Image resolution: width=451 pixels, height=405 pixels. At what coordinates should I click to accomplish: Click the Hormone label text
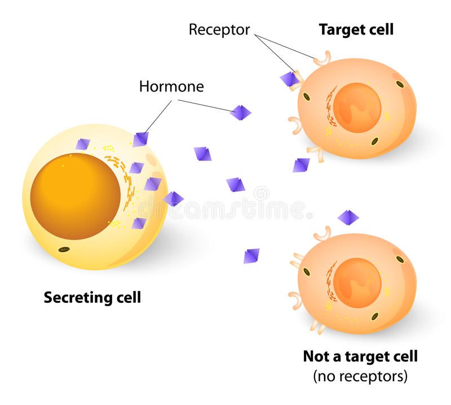[171, 87]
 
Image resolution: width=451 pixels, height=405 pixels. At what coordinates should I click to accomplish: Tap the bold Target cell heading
[356, 29]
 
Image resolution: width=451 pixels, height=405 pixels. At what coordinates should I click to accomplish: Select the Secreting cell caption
[92, 297]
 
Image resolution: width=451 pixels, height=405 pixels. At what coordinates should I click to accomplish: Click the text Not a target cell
[360, 356]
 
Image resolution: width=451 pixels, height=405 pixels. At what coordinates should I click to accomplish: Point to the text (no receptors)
[360, 376]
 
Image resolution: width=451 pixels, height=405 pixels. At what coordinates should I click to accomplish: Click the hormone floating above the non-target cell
[348, 216]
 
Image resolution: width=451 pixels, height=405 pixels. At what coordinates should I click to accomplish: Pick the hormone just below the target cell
[301, 165]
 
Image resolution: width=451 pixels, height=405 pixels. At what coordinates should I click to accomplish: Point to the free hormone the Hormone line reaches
[241, 112]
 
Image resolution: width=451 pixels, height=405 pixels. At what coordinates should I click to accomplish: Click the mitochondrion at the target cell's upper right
[400, 84]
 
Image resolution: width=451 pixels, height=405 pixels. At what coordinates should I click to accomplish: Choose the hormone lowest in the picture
[251, 256]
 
